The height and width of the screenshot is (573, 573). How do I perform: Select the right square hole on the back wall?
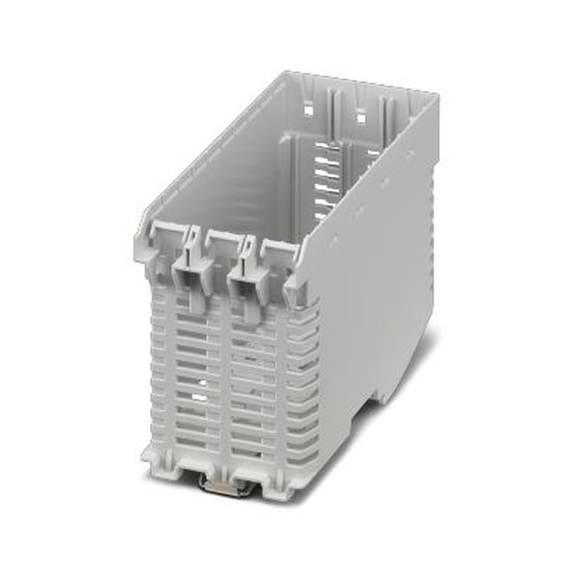pyautogui.click(x=361, y=117)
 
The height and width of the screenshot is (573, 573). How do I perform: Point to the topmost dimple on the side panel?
pyautogui.click(x=410, y=154)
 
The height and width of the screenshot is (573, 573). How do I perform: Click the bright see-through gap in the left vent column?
pyautogui.click(x=198, y=397)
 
